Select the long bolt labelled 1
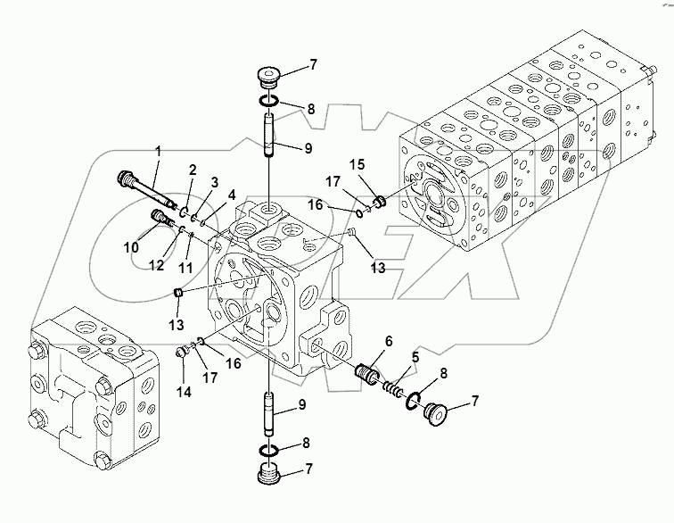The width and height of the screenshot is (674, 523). click(x=147, y=191)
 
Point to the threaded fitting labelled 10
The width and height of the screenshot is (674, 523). click(x=161, y=218)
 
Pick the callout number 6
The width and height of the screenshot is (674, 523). click(x=389, y=341)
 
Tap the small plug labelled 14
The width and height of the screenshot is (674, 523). click(x=184, y=351)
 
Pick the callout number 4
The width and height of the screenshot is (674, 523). click(x=232, y=194)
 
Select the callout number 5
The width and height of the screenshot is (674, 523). click(x=415, y=358)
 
